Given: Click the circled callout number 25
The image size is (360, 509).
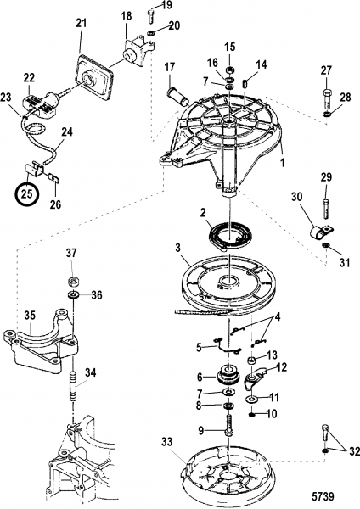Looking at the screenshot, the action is point(27,194).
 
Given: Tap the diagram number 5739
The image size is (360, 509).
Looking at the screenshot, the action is point(323,496).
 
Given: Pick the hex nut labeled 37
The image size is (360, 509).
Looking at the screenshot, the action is point(72,281).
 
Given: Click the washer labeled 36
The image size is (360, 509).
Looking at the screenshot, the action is point(72,294).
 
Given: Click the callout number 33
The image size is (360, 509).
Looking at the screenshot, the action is point(167,442).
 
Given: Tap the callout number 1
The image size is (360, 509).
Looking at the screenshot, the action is point(283,162).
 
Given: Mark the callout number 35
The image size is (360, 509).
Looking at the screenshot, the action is point(31,315).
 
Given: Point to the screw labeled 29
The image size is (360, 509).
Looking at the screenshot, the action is point(326,210).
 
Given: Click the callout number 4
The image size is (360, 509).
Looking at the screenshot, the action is point(277,316).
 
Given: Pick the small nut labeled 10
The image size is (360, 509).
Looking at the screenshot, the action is point(250,415).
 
